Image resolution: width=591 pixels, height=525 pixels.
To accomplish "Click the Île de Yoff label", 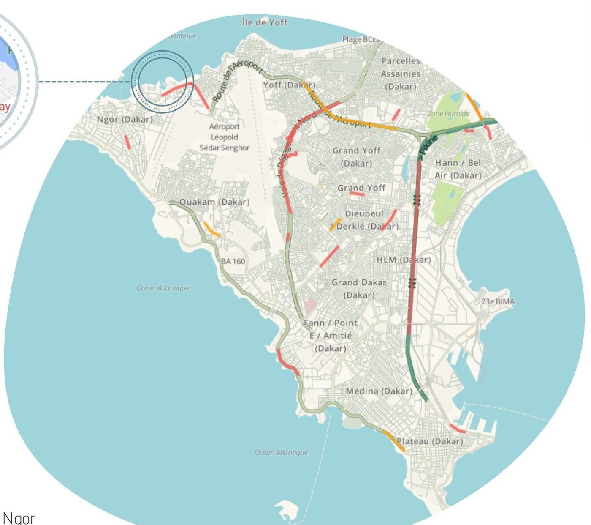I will click(x=265, y=22).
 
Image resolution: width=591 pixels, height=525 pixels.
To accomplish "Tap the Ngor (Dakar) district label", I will click(x=125, y=119).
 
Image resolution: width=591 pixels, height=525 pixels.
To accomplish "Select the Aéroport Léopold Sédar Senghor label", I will click(x=224, y=137).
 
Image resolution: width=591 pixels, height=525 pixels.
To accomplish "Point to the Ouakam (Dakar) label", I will click(x=214, y=202).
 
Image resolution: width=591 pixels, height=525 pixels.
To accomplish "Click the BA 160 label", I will click(x=233, y=261).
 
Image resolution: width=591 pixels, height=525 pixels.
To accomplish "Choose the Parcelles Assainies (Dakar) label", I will click(x=401, y=74).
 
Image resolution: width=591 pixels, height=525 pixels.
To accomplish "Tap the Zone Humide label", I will click(x=448, y=113).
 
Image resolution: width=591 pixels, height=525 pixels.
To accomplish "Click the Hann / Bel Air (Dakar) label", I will click(x=458, y=169).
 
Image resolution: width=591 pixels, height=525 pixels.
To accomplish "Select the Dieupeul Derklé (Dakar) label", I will click(x=366, y=220).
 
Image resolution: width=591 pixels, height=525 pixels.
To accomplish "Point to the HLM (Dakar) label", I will click(x=404, y=260).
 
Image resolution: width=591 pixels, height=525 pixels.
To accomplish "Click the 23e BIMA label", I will click(x=498, y=302).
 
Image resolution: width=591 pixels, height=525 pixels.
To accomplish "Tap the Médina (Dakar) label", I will click(x=379, y=391).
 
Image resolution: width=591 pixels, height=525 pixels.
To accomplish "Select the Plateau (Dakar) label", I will click(x=430, y=441).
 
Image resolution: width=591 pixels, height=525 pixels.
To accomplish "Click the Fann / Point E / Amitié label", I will click(x=330, y=336).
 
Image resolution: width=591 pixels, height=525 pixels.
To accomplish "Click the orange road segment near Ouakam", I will click(x=211, y=230).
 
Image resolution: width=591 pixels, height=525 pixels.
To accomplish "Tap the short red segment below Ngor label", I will click(x=127, y=142).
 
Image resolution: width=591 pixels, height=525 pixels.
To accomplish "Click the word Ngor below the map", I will click(x=19, y=518).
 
